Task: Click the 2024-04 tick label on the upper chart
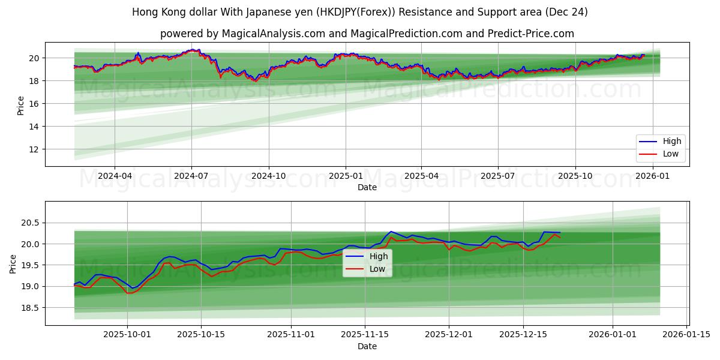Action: pos(115,176)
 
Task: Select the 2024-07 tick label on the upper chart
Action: pos(191,176)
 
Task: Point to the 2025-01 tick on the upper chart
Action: pos(345,176)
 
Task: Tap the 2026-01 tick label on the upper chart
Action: pos(652,176)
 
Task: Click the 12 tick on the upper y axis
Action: pos(35,149)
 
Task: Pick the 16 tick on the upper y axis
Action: pos(35,104)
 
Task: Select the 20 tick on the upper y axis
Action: pos(35,58)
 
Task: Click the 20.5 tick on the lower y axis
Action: pos(31,223)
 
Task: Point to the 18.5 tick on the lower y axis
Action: pos(31,308)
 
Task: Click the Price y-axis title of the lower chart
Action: pos(13,263)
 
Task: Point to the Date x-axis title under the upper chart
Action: pos(367,188)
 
